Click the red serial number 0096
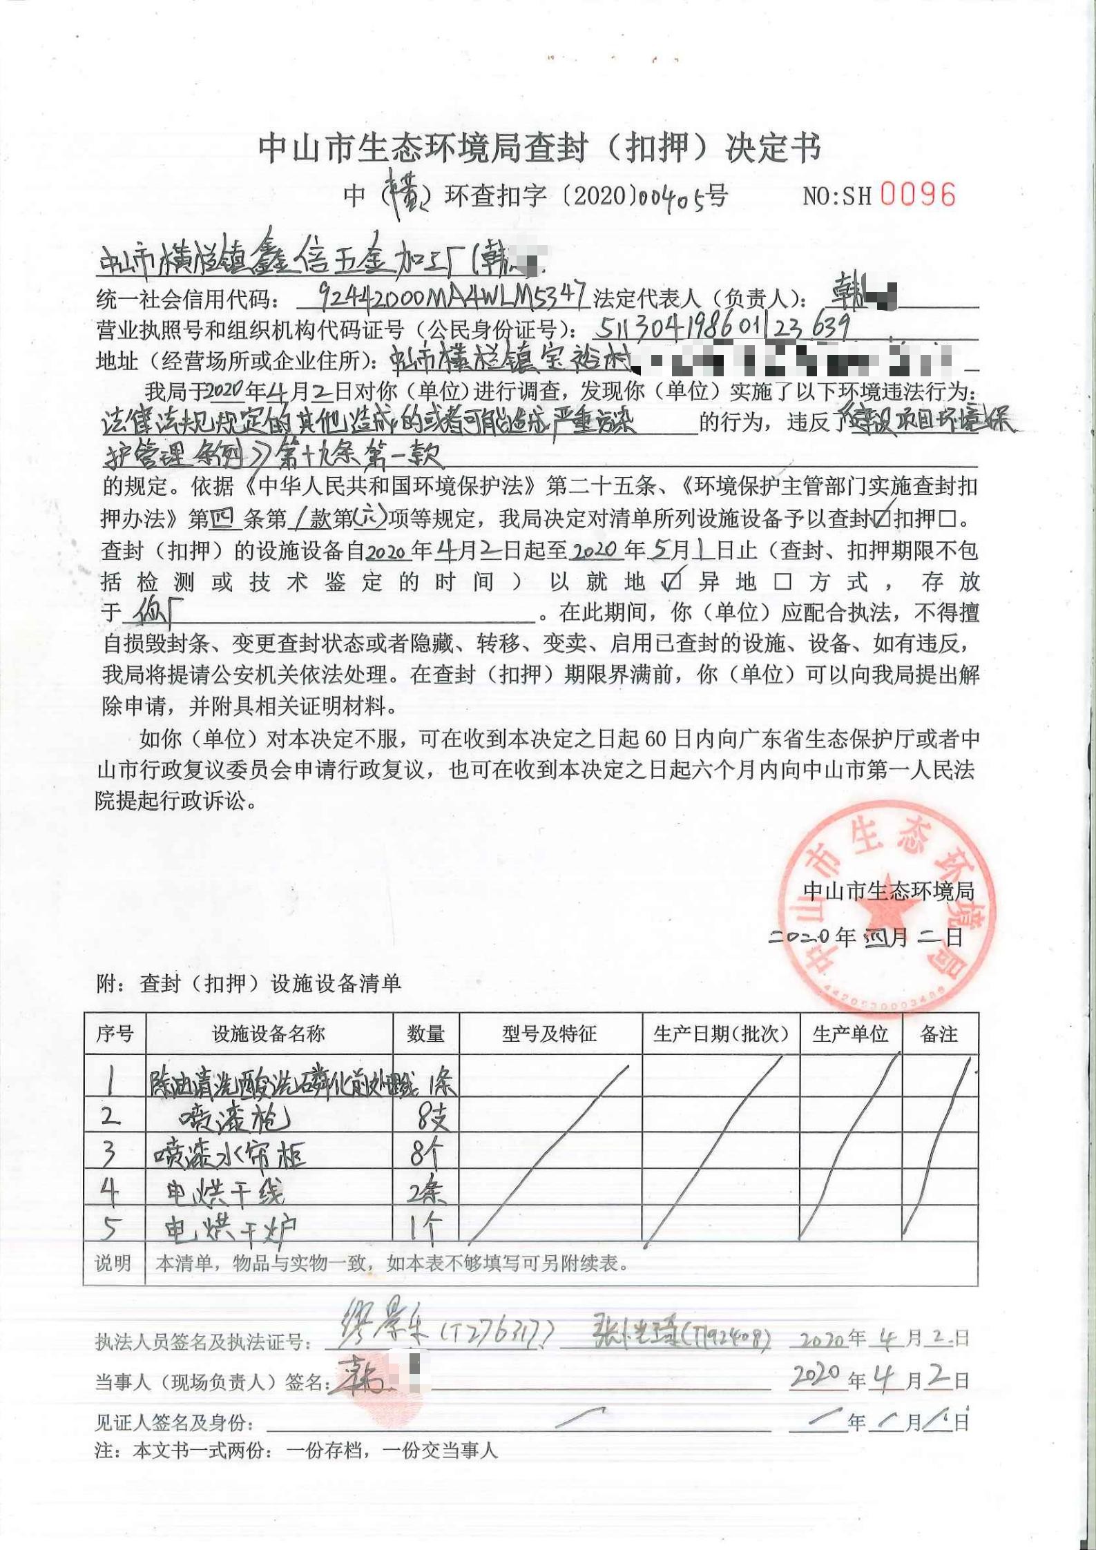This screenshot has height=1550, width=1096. pyautogui.click(x=918, y=195)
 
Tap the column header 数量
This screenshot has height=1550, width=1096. pyautogui.click(x=425, y=1034)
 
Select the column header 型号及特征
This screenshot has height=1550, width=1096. pyautogui.click(x=550, y=1034)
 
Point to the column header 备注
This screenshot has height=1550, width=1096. pyautogui.click(x=939, y=1034)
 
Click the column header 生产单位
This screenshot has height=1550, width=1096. pyautogui.click(x=850, y=1034)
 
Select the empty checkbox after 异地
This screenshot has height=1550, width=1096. pyautogui.click(x=782, y=582)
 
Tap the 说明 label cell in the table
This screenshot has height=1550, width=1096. pyautogui.click(x=113, y=1263)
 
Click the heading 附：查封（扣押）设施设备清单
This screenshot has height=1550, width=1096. pyautogui.click(x=248, y=983)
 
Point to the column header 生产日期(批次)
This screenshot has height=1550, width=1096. pyautogui.click(x=720, y=1034)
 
